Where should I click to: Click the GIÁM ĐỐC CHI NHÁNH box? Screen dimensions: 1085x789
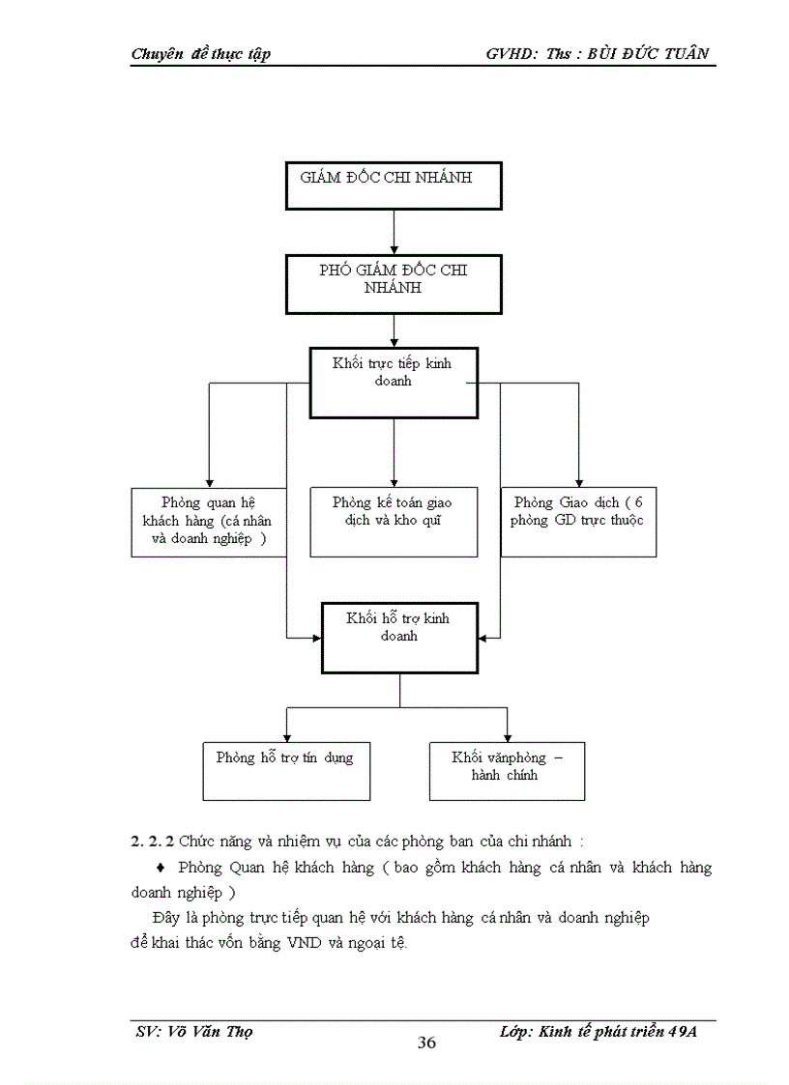tap(394, 186)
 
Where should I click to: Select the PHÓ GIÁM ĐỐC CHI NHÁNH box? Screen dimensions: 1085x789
tap(394, 284)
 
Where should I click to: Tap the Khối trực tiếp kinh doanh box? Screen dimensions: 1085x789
tap(393, 383)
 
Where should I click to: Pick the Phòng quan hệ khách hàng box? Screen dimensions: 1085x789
tap(209, 522)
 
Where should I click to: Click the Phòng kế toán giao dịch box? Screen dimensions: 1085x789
tap(394, 522)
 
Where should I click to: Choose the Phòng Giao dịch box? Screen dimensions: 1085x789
tap(578, 522)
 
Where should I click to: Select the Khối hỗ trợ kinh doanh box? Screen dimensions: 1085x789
tap(399, 637)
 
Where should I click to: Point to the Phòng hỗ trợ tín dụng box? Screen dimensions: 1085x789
tap(286, 770)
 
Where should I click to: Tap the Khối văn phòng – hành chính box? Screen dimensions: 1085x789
tap(507, 770)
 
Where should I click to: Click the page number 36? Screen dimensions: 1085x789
tap(426, 1042)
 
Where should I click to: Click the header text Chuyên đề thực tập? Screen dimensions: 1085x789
tap(200, 54)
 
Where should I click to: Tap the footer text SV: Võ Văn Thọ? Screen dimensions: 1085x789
tap(194, 1031)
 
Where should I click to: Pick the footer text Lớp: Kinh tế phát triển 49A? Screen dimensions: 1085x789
tap(599, 1031)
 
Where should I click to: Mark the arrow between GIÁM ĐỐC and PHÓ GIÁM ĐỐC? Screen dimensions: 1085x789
tap(394, 233)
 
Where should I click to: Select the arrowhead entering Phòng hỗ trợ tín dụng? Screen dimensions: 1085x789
tap(286, 736)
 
